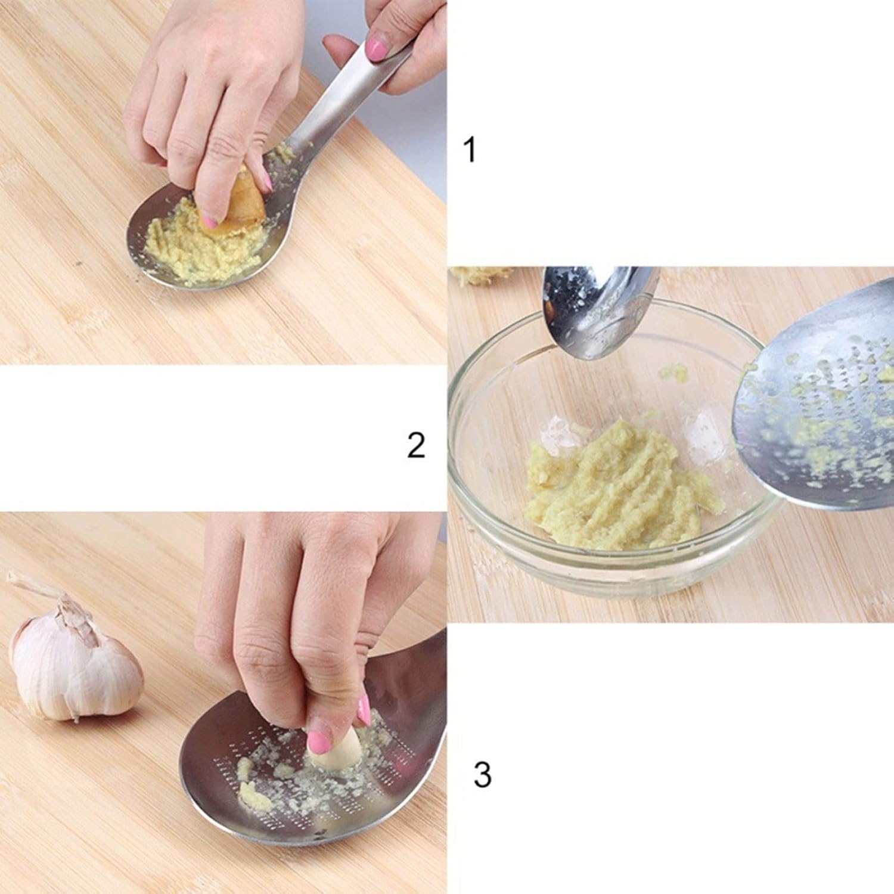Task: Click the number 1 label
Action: coord(471,150)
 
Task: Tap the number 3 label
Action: coord(483,774)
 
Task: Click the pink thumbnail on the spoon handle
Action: coord(376,51)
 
